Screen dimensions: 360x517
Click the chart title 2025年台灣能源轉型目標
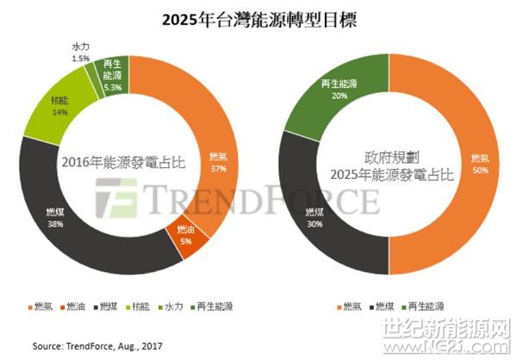(x=258, y=18)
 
